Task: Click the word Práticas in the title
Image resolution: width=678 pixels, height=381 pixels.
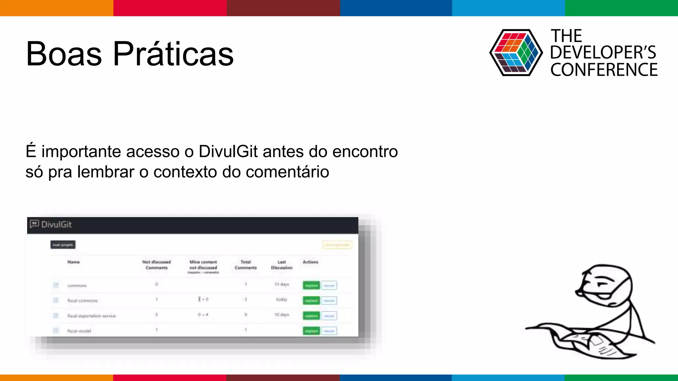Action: point(173,54)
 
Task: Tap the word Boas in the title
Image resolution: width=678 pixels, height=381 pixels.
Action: point(64,54)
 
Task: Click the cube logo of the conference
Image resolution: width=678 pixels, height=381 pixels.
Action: point(516,53)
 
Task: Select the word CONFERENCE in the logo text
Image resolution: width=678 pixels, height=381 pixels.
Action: point(604,70)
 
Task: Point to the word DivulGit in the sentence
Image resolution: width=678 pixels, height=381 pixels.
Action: point(228,151)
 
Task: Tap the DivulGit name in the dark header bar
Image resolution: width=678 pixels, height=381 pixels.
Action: point(56,225)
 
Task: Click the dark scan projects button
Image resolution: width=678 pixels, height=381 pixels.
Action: point(63,245)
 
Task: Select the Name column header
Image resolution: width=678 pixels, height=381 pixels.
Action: point(73,262)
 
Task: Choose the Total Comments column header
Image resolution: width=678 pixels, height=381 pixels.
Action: point(246,265)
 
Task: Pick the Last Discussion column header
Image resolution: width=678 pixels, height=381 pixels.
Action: point(282,265)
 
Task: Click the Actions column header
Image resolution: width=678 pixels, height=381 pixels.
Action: point(310,262)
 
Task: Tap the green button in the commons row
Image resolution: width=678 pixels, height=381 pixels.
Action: point(311,285)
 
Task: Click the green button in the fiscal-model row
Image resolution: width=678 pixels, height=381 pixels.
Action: point(311,331)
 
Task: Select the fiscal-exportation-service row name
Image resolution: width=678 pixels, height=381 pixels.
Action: point(91,316)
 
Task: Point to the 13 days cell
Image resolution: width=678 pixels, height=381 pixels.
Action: point(282,284)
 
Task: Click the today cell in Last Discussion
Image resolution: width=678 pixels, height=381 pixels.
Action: point(282,299)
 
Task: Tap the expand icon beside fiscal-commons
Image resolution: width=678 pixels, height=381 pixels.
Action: point(56,300)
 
